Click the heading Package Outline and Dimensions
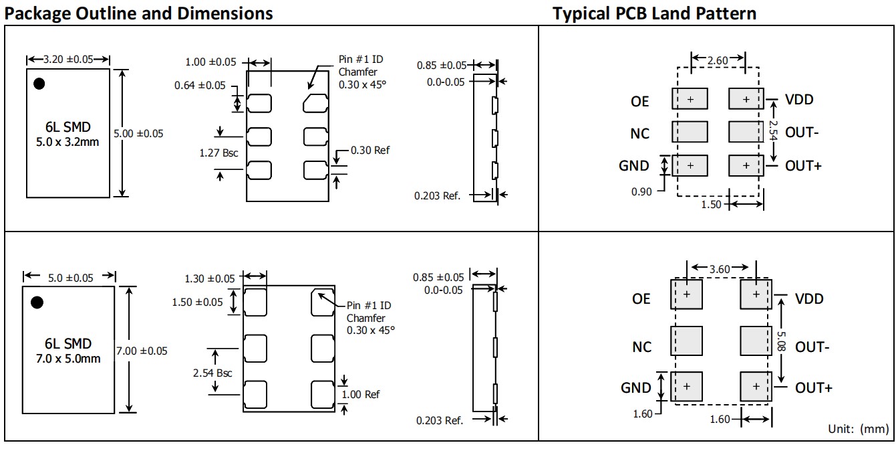[x=139, y=13]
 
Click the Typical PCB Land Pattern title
[x=655, y=13]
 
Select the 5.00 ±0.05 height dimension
[x=138, y=133]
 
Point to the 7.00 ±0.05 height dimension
[x=142, y=350]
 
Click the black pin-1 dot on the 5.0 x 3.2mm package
[x=39, y=84]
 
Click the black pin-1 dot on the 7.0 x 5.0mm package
[x=37, y=302]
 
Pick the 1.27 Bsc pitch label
[x=218, y=153]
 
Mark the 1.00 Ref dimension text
[x=360, y=394]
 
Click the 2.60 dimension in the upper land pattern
[x=718, y=60]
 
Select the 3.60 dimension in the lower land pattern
[x=720, y=269]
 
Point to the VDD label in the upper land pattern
[x=799, y=100]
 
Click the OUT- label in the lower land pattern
[x=812, y=347]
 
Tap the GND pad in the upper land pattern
[x=690, y=165]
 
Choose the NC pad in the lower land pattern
[x=686, y=341]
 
